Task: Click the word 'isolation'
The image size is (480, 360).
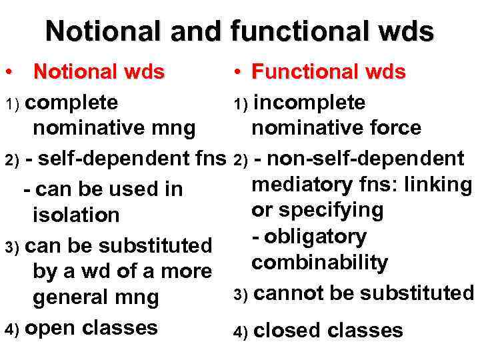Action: pyautogui.click(x=76, y=215)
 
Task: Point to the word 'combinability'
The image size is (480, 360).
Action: pyautogui.click(x=319, y=263)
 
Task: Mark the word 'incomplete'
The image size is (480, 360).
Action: pyautogui.click(x=310, y=103)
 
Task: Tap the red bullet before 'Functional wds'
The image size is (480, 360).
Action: pyautogui.click(x=237, y=71)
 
